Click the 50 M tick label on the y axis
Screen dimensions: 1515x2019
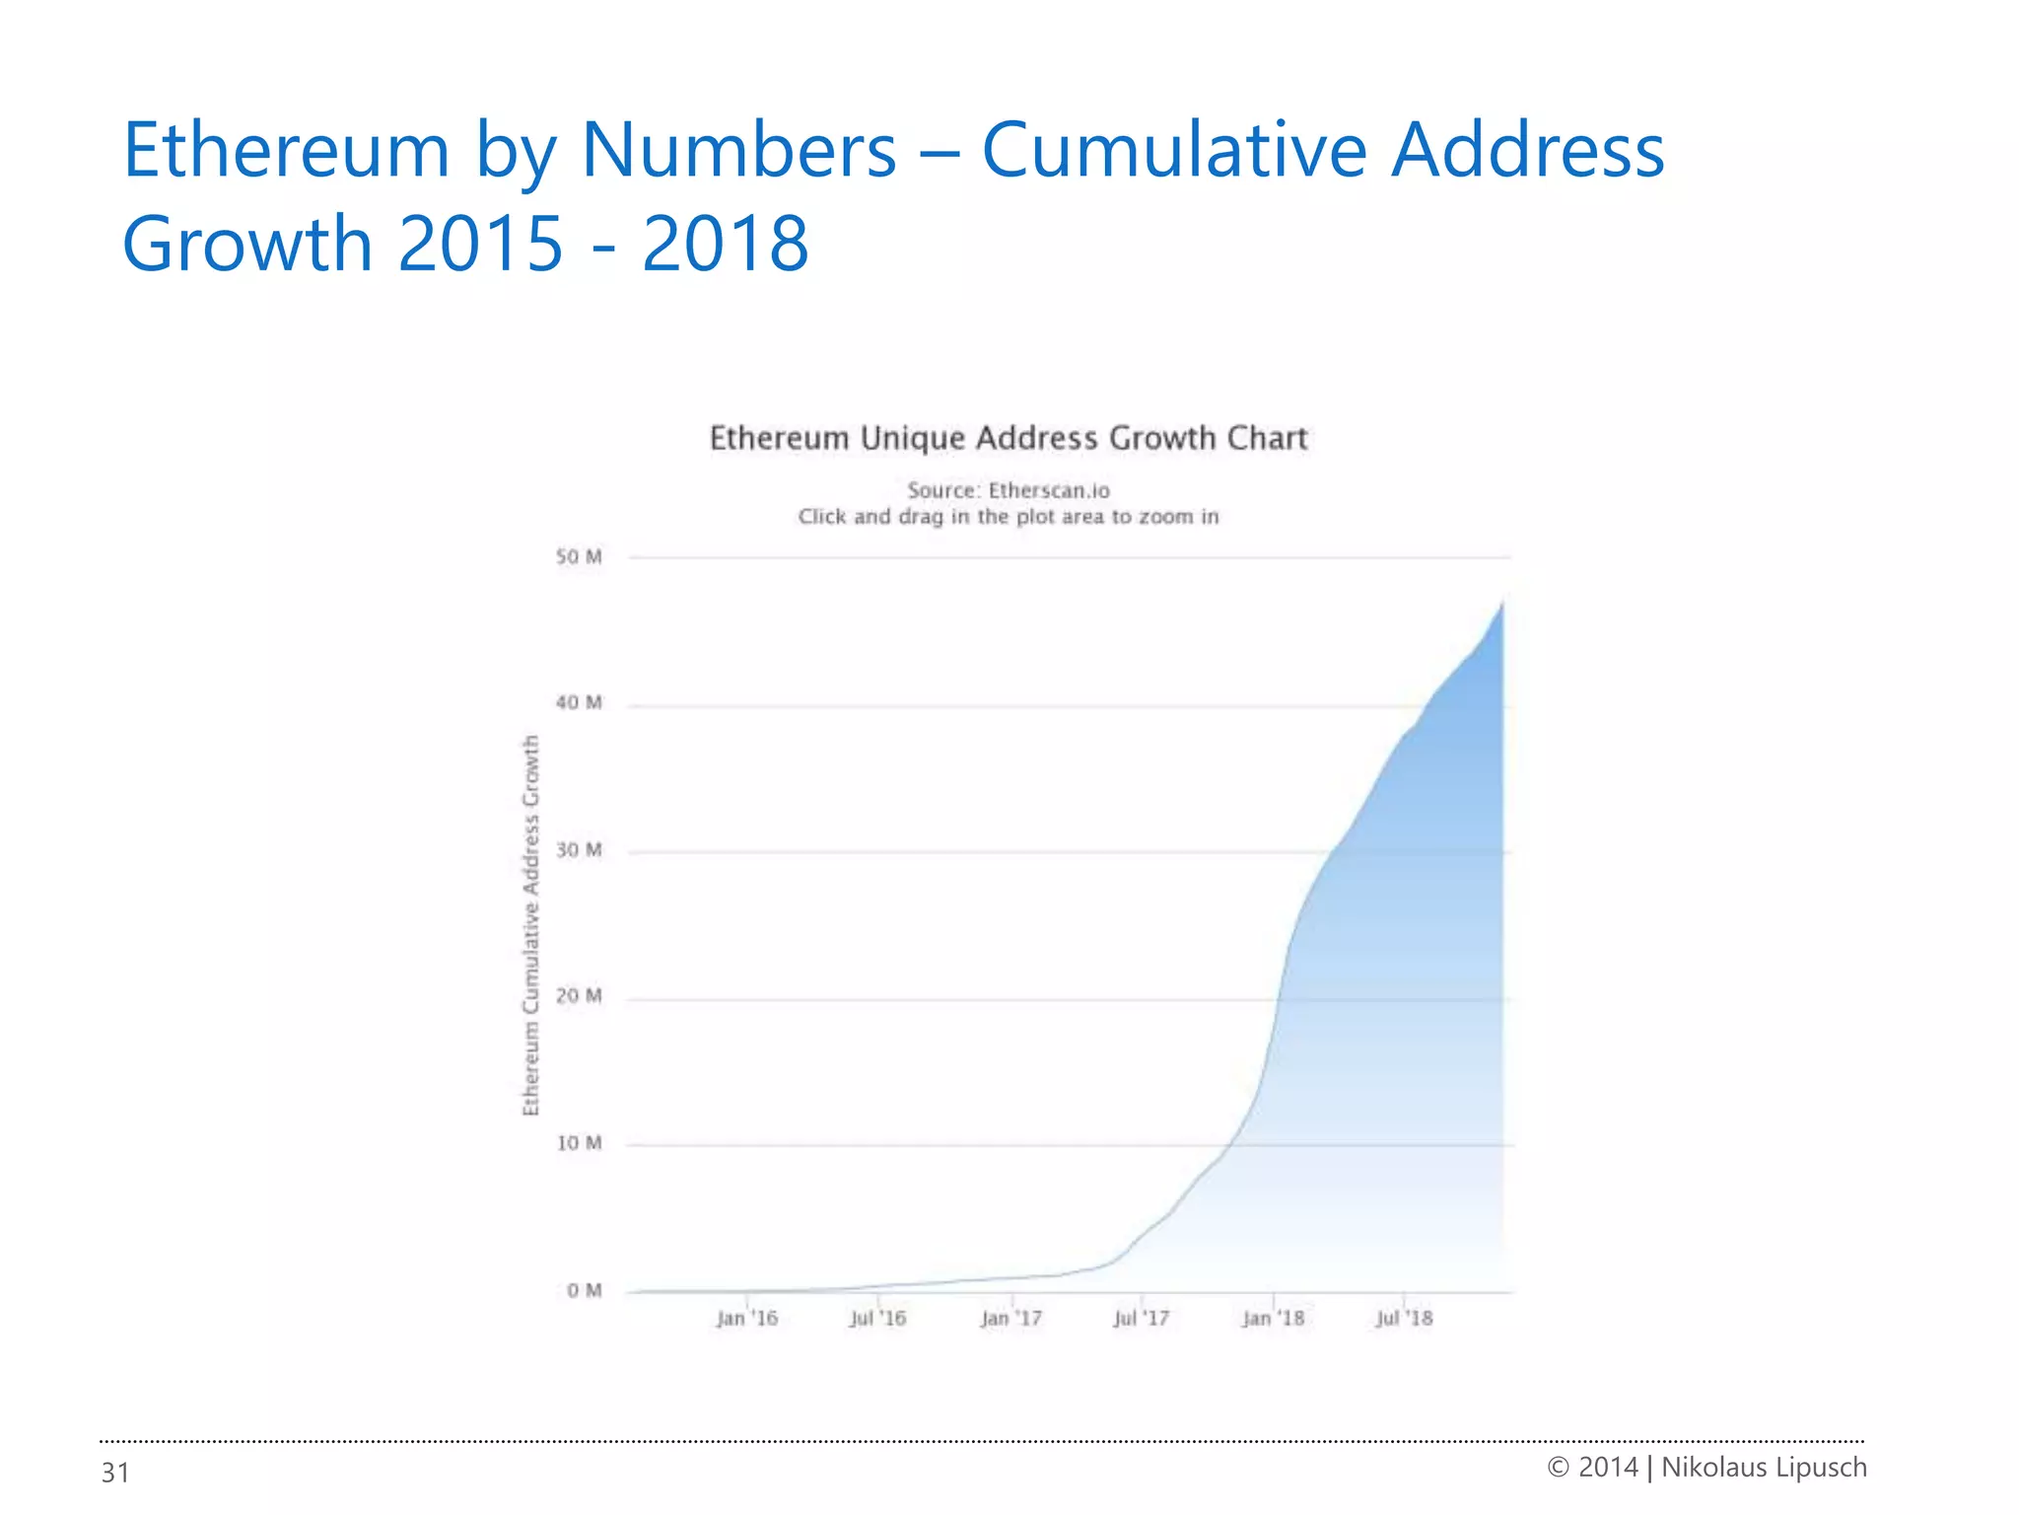click(578, 557)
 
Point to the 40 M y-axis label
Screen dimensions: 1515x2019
click(578, 703)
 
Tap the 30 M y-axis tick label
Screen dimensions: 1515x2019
click(578, 850)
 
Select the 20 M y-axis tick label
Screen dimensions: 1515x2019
click(578, 996)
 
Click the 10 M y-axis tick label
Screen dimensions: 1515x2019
click(578, 1143)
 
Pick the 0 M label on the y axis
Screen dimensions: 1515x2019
click(584, 1290)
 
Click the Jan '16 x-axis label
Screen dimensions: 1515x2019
click(746, 1319)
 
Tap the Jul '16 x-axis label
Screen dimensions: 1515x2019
click(877, 1319)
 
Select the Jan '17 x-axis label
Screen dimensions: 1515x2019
click(1010, 1319)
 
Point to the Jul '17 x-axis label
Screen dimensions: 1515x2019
click(1141, 1319)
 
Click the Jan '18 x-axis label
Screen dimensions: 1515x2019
click(1273, 1319)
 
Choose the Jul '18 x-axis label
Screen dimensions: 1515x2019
click(1404, 1319)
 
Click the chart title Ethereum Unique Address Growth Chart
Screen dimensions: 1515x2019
click(1009, 438)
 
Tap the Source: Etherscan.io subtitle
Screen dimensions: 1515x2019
click(1009, 490)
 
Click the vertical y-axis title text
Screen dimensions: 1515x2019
click(531, 925)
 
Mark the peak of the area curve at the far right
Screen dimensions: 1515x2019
click(1501, 604)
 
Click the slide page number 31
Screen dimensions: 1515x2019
click(115, 1473)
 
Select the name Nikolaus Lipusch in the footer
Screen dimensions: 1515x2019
click(1764, 1468)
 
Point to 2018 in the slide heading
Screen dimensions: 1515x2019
click(725, 244)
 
